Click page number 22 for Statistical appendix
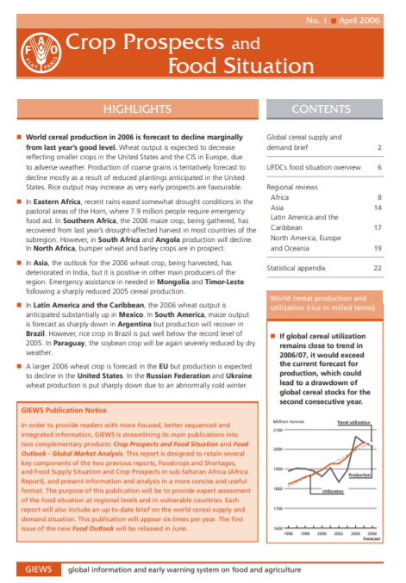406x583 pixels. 378,269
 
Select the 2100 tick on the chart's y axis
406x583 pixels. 276,429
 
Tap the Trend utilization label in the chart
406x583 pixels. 353,423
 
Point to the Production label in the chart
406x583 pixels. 359,474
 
